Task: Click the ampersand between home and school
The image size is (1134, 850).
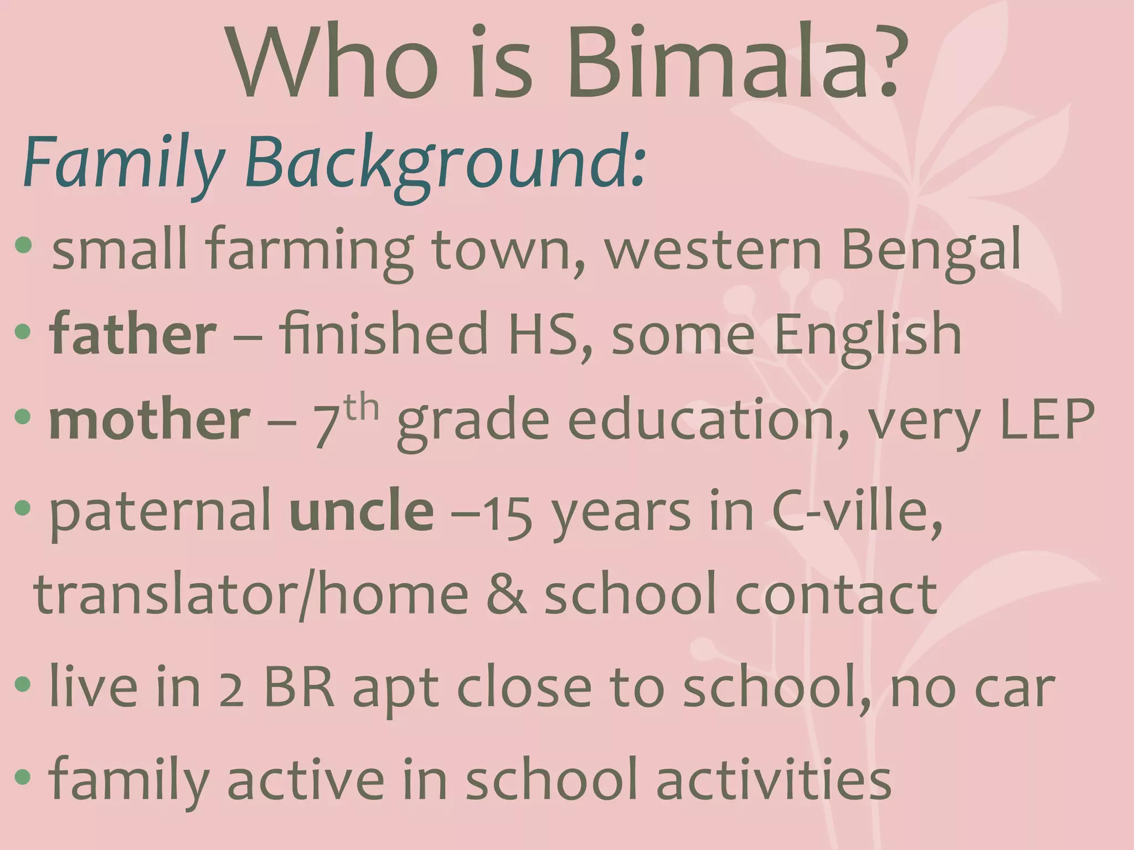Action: coord(506,595)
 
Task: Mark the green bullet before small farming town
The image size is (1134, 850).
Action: coord(24,245)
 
